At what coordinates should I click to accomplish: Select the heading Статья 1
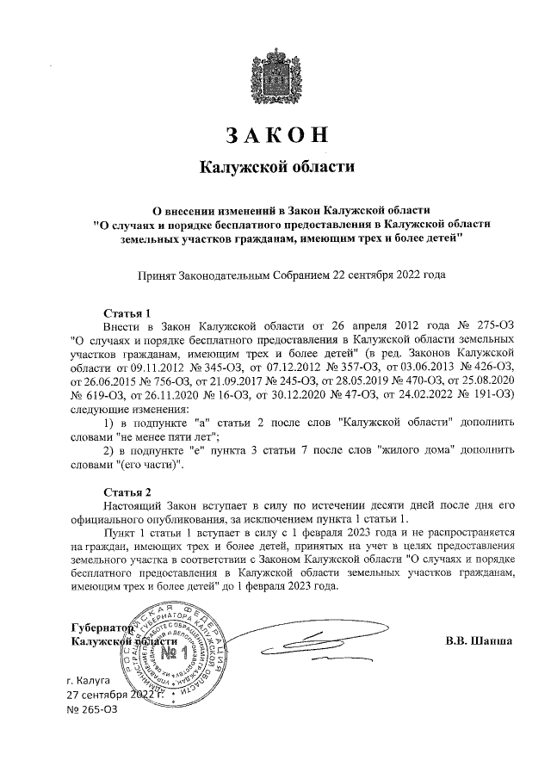click(x=127, y=313)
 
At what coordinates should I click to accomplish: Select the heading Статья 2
click(x=127, y=492)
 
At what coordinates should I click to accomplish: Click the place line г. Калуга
click(x=96, y=680)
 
